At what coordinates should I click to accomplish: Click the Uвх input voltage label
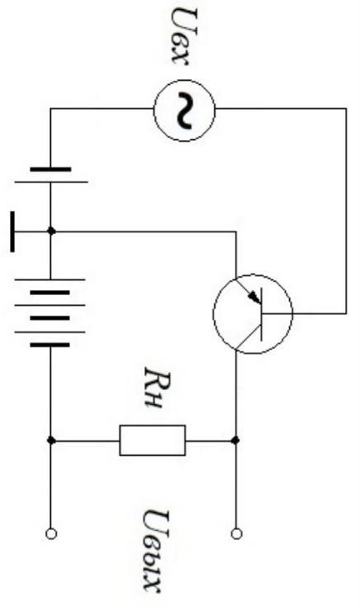[184, 36]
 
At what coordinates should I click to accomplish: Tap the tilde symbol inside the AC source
[184, 110]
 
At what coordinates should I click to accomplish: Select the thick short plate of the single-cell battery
[51, 170]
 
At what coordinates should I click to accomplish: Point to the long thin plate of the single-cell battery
[51, 182]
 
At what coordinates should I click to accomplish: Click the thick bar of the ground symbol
[12, 232]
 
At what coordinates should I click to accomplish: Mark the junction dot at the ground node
[51, 231]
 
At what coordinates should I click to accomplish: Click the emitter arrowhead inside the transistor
[255, 298]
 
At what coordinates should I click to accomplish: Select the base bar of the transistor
[261, 315]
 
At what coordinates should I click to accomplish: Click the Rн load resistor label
[152, 388]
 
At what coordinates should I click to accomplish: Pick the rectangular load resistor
[152, 440]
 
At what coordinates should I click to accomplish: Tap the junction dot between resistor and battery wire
[51, 440]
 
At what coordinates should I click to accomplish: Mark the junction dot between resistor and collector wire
[236, 440]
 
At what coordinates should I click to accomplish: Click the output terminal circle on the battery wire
[51, 534]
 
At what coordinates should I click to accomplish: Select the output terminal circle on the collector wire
[236, 534]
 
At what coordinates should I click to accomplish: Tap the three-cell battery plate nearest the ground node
[50, 279]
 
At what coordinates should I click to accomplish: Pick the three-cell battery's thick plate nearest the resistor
[50, 345]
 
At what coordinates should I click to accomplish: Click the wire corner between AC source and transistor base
[346, 109]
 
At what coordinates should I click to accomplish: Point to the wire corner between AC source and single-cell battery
[51, 109]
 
